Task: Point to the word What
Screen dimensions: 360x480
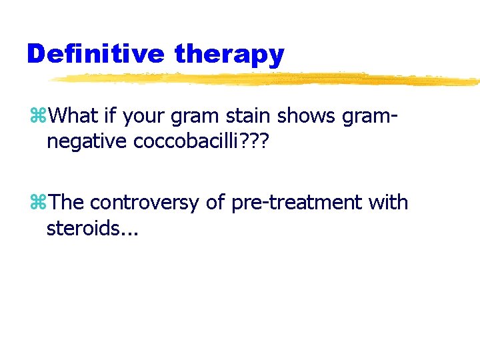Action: tap(73, 117)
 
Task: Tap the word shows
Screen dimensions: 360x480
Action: tap(305, 117)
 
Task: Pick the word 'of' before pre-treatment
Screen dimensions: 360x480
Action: tap(215, 201)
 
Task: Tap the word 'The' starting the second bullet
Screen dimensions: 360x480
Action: tap(67, 201)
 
